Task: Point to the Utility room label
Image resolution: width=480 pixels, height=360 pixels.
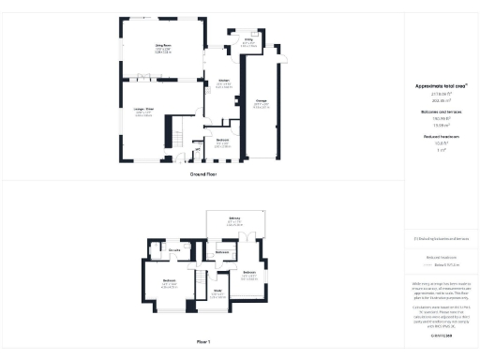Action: (249, 40)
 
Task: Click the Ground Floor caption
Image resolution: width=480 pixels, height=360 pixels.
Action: (203, 174)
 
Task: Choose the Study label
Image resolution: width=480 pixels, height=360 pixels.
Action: (217, 291)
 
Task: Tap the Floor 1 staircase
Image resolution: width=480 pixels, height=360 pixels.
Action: (200, 280)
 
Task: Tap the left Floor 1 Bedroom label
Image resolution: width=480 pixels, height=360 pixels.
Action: (170, 281)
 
